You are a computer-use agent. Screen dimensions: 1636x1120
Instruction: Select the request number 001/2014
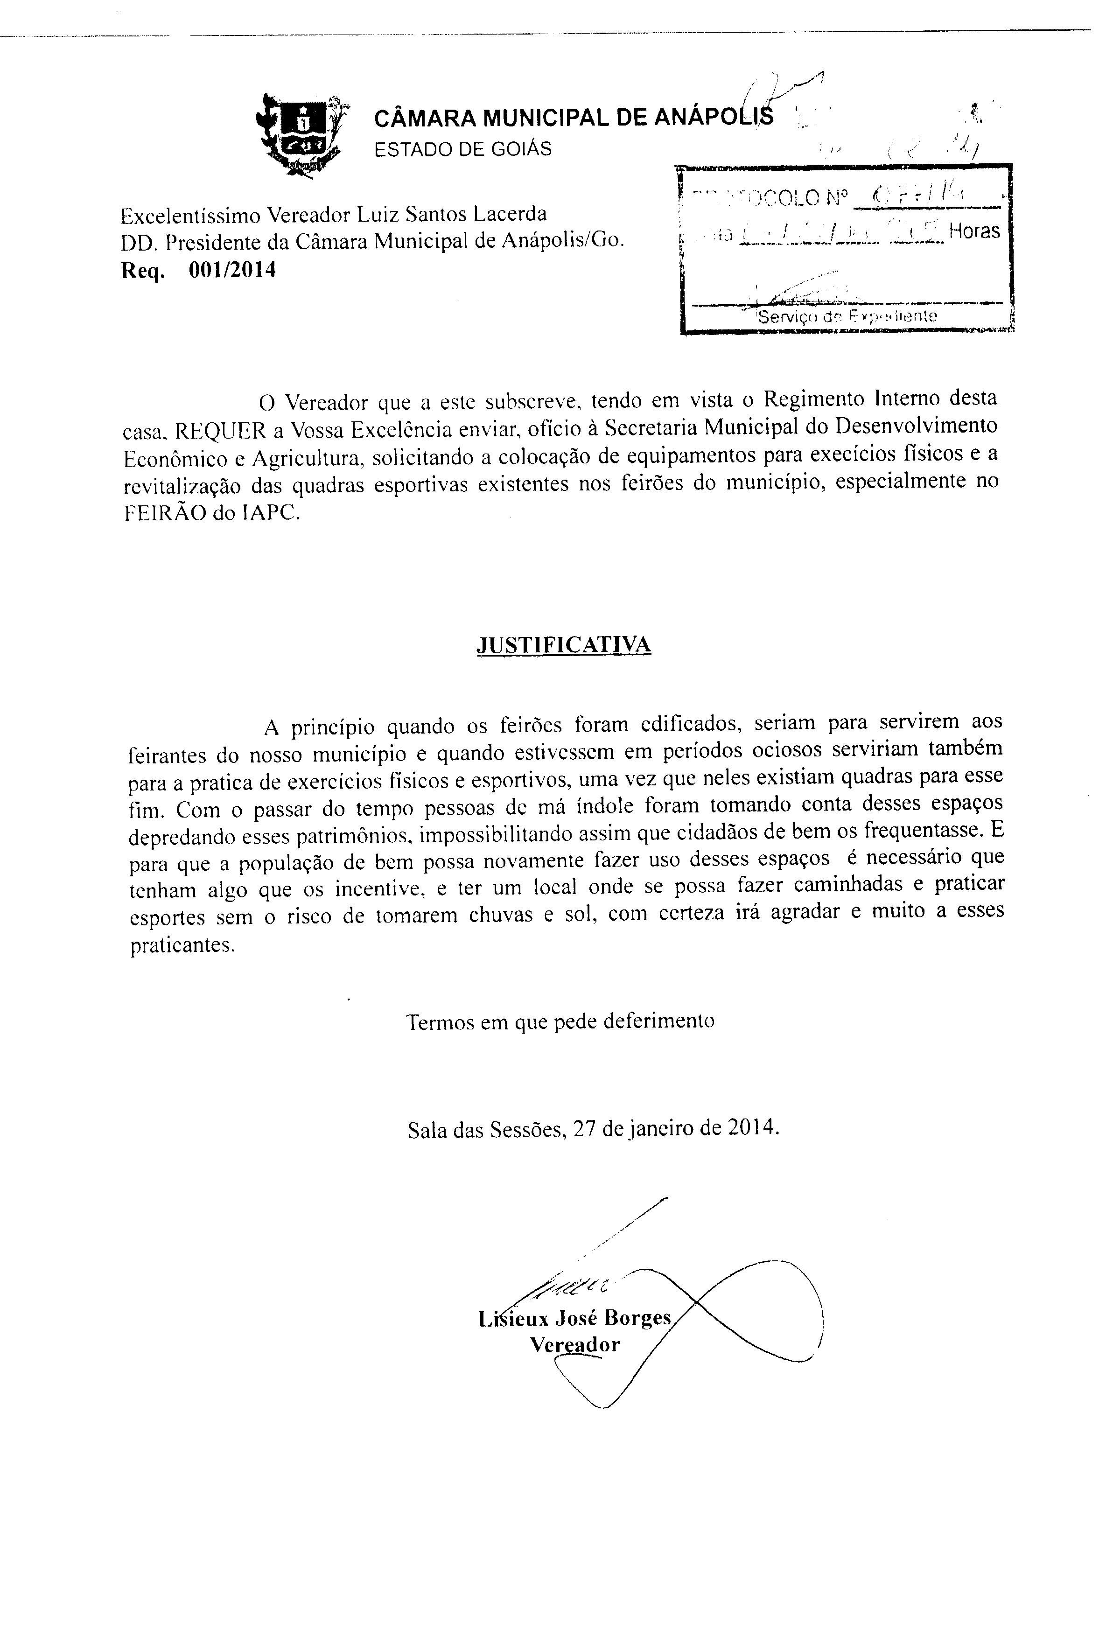(232, 270)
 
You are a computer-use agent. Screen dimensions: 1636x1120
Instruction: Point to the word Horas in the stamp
(974, 231)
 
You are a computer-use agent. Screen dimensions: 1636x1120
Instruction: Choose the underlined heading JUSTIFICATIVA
(564, 645)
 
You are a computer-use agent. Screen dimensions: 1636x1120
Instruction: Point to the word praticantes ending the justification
(180, 945)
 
